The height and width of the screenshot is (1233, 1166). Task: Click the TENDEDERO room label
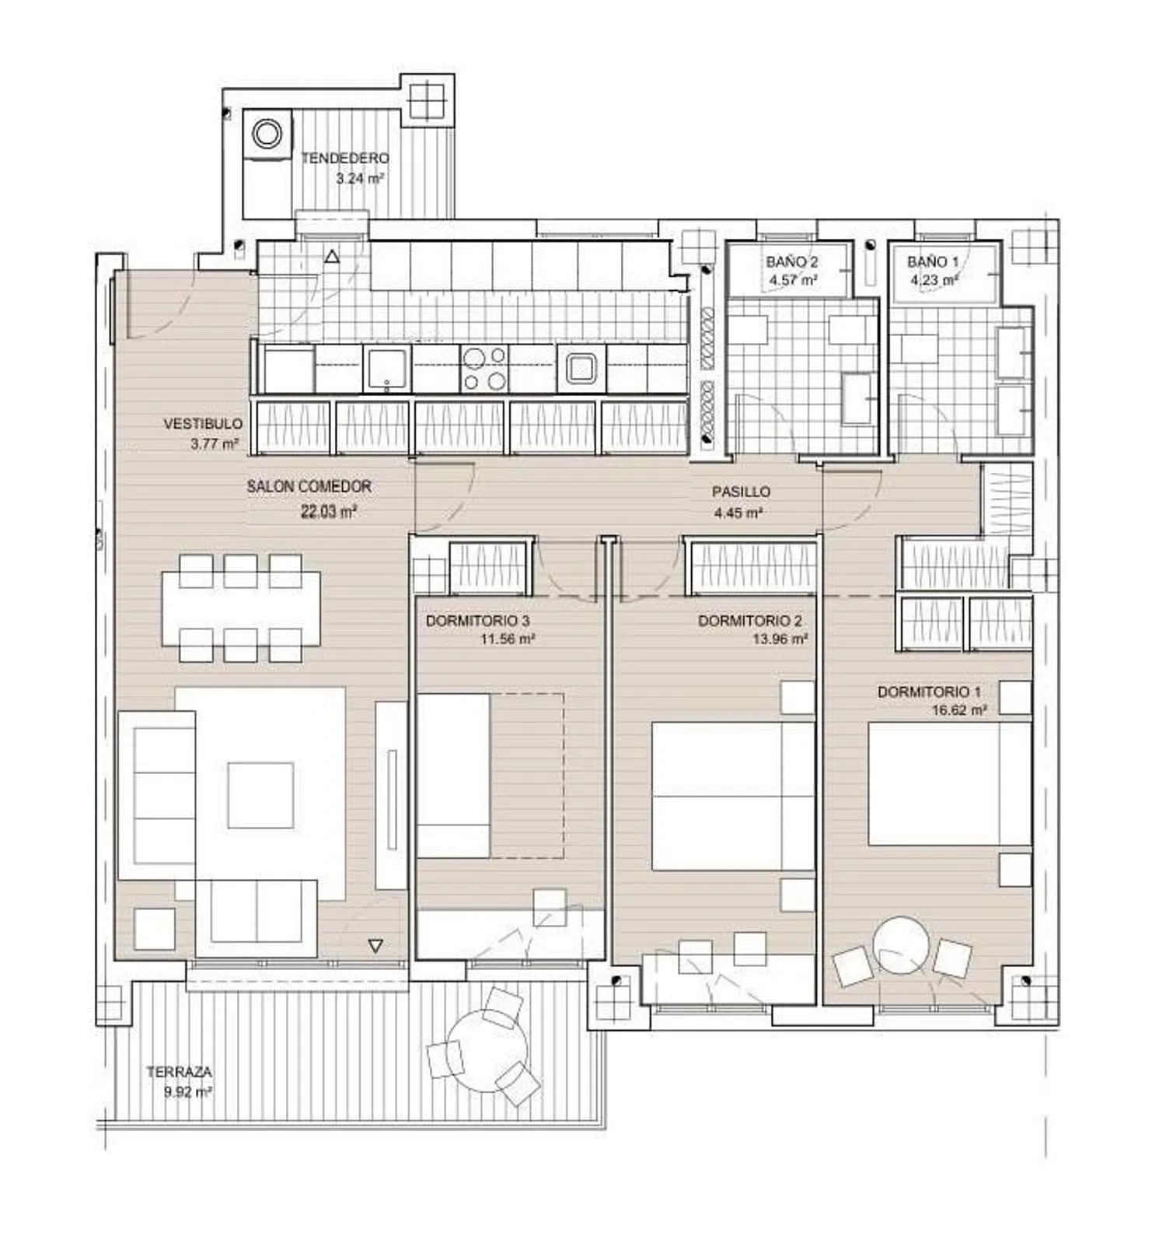[x=345, y=158]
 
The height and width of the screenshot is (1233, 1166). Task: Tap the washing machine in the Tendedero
[x=267, y=134]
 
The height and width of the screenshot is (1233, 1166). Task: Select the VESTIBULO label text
[x=203, y=424]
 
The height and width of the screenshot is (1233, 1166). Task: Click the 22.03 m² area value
[x=329, y=512]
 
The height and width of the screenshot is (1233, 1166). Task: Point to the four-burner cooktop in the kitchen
[x=484, y=369]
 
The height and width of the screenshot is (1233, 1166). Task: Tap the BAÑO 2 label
[x=791, y=262]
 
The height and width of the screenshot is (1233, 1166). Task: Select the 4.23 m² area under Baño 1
[x=934, y=280]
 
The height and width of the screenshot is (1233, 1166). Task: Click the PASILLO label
[x=742, y=492]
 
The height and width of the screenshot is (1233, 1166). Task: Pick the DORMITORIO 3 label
[x=478, y=621]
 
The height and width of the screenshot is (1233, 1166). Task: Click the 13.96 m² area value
[x=780, y=639]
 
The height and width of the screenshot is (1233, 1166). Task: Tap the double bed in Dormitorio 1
[x=950, y=784]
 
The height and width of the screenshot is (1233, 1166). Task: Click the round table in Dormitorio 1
[x=901, y=944]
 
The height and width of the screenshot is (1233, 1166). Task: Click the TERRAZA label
[x=179, y=1072]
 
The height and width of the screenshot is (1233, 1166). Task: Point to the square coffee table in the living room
[x=260, y=795]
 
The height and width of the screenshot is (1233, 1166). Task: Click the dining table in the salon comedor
[x=242, y=608]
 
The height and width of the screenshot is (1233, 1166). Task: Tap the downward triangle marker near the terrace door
[x=375, y=946]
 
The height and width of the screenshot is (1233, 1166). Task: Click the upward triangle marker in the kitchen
[x=332, y=256]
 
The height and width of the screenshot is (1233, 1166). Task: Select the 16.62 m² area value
[x=959, y=710]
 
